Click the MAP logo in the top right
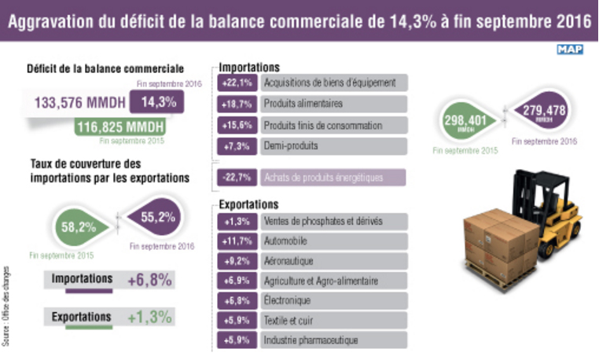point(571,50)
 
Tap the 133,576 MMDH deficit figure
point(76,101)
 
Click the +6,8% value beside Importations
point(150,280)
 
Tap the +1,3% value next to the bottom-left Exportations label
point(150,317)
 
